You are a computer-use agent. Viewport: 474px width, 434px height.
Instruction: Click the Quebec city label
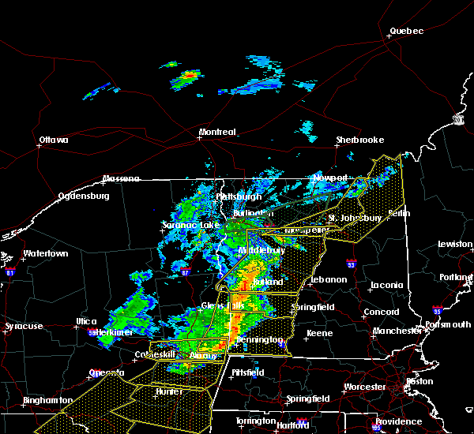[406, 32]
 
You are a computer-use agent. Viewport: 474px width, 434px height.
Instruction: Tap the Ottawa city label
[53, 141]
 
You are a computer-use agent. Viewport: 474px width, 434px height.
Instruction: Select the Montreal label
[217, 132]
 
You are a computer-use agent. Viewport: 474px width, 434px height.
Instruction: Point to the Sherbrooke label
[359, 140]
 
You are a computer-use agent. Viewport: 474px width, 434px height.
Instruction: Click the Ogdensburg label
[82, 196]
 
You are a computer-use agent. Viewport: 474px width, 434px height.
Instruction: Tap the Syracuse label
[24, 327]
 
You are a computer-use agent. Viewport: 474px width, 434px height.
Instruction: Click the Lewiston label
[455, 245]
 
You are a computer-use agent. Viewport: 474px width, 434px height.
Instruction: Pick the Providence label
[398, 421]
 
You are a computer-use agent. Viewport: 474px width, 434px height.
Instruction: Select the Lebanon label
[328, 279]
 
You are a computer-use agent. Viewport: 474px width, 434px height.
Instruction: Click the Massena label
[122, 179]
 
